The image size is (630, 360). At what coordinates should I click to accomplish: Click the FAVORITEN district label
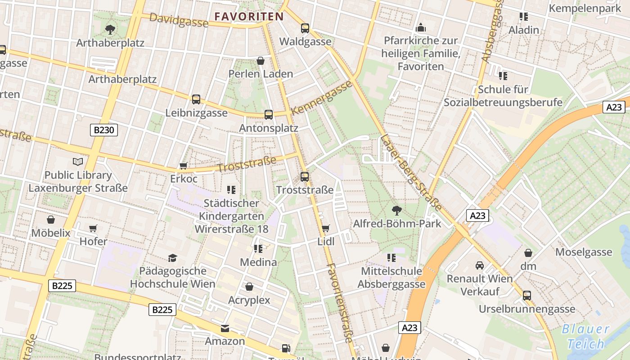[249, 17]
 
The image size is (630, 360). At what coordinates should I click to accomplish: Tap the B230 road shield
[104, 130]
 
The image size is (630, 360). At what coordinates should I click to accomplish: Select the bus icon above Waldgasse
[305, 28]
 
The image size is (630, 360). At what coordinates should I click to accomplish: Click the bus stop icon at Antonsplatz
[269, 115]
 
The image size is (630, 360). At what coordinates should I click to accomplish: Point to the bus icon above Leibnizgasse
[196, 99]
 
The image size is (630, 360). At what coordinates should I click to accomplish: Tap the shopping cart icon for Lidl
[326, 228]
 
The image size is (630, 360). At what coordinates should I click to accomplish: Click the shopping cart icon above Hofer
[93, 228]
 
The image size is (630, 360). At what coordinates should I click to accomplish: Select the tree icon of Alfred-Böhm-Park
[396, 210]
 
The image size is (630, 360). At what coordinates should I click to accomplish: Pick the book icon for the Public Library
[78, 162]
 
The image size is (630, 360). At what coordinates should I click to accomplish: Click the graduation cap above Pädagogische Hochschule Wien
[172, 258]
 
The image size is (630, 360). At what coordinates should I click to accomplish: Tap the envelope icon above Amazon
[225, 328]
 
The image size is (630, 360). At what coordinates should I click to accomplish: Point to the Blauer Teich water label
[585, 337]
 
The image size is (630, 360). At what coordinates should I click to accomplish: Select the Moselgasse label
[584, 252]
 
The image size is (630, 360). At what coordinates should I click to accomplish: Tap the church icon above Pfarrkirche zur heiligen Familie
[421, 28]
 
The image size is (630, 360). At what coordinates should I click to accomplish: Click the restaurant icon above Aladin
[523, 17]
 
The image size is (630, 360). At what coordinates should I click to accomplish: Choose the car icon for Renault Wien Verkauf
[480, 265]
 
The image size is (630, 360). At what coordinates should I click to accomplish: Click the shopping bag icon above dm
[528, 253]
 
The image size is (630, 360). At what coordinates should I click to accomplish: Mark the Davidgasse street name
[179, 20]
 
